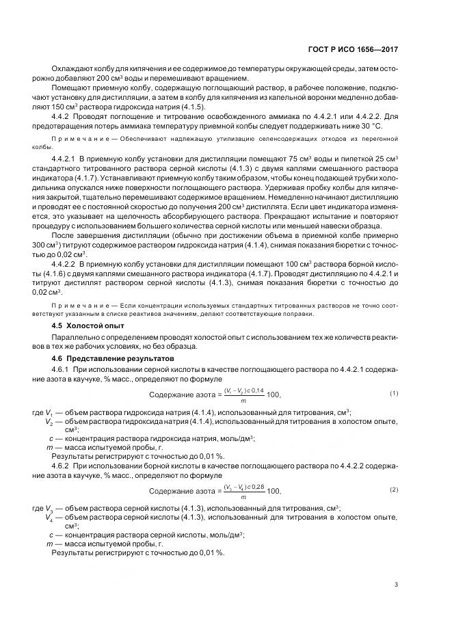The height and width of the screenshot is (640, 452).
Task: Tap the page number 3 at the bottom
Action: click(x=396, y=583)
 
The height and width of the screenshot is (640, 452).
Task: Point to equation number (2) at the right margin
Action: click(x=394, y=490)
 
